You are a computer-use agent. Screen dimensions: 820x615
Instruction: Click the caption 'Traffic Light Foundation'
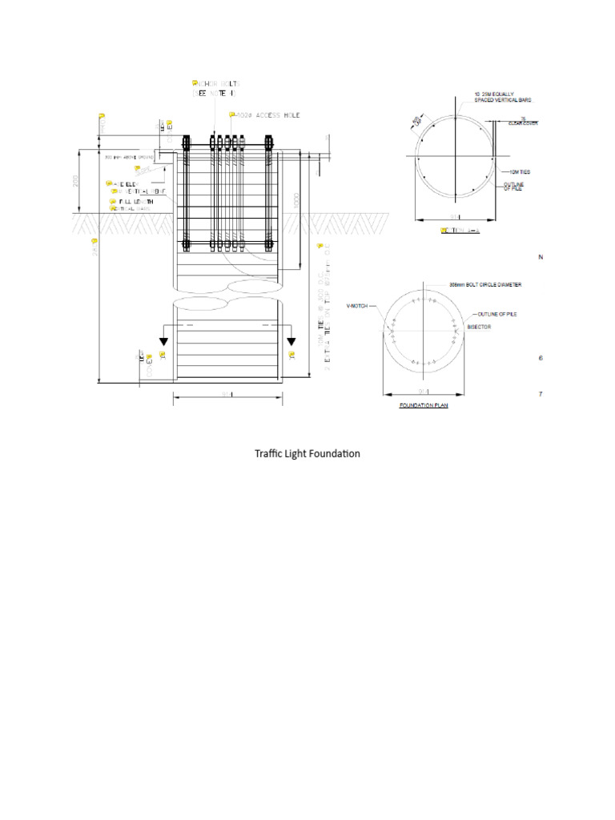click(x=307, y=454)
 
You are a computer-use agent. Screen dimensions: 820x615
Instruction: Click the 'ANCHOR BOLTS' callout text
click(x=216, y=83)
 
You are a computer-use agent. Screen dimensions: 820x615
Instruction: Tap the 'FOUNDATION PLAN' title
click(x=424, y=406)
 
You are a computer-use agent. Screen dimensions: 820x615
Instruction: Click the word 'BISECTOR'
click(x=480, y=327)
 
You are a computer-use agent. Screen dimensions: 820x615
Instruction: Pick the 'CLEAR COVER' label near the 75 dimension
click(x=523, y=123)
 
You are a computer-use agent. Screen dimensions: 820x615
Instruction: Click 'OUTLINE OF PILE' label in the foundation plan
click(x=496, y=314)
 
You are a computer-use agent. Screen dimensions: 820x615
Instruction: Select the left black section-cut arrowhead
click(x=163, y=342)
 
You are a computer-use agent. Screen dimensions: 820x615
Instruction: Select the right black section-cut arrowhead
click(x=291, y=342)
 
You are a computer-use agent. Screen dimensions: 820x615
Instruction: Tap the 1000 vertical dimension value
click(x=296, y=199)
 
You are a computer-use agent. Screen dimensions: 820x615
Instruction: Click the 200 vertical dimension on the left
click(x=77, y=181)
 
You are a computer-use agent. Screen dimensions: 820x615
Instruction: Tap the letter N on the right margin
click(x=541, y=257)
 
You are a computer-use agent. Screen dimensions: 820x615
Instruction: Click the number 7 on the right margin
click(x=541, y=395)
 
